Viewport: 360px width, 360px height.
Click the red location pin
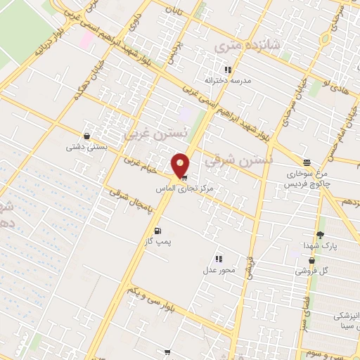click(181, 165)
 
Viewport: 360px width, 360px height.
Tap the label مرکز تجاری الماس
click(185, 189)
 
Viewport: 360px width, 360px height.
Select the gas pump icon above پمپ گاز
click(157, 231)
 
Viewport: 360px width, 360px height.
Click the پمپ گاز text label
click(158, 243)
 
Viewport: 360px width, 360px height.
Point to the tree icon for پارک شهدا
click(321, 235)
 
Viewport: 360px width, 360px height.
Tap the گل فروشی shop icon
click(311, 260)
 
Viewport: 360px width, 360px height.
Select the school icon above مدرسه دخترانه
click(227, 70)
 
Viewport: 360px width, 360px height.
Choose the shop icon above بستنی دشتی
click(86, 136)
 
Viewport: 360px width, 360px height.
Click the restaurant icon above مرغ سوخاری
click(306, 162)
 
